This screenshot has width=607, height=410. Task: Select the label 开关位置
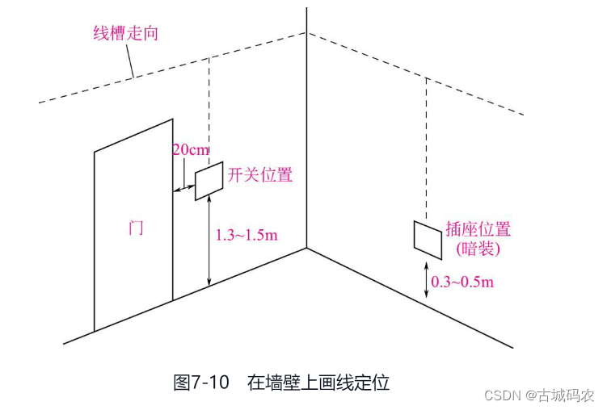259,175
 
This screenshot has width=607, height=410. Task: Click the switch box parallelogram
209,182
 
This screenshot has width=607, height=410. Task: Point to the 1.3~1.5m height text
247,236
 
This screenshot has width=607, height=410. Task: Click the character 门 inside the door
137,227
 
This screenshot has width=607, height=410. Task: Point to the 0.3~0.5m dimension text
462,282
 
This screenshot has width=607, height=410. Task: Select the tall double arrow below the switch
209,241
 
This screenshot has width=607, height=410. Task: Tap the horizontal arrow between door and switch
183,190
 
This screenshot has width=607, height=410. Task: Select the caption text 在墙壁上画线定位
318,382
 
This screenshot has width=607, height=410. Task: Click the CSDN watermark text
502,395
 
